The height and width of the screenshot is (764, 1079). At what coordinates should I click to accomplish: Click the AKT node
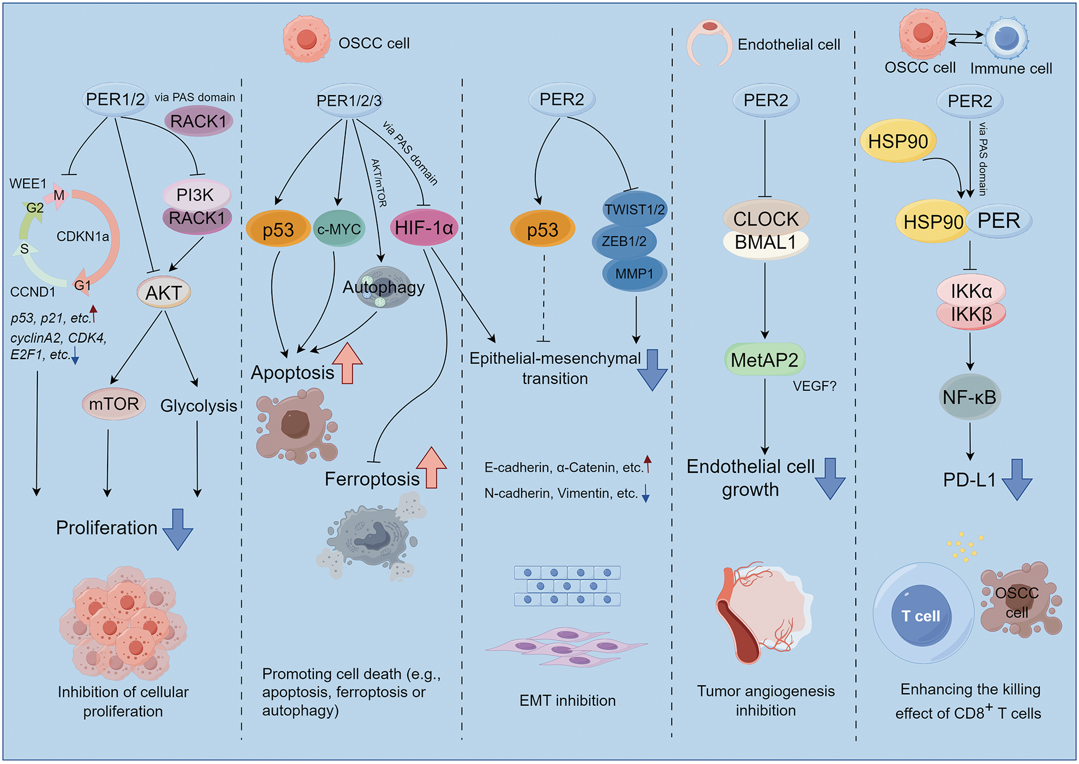click(x=164, y=292)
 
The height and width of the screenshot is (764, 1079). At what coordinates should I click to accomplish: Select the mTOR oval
click(x=114, y=404)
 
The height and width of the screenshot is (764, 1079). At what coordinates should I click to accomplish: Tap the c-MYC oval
click(x=339, y=229)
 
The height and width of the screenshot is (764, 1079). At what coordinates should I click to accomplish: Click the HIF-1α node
click(x=424, y=228)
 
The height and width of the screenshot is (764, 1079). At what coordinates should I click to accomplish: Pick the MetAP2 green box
click(x=765, y=360)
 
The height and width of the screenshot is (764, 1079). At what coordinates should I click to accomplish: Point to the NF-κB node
click(x=969, y=397)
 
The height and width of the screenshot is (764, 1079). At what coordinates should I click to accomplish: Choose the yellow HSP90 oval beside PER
click(x=932, y=221)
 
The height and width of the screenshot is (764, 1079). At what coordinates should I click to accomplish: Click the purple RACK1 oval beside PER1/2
click(x=198, y=121)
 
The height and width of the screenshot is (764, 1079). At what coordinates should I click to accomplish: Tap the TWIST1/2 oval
click(x=634, y=210)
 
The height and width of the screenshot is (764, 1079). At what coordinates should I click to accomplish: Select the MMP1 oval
click(x=634, y=274)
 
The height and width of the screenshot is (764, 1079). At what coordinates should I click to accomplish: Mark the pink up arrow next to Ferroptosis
click(x=432, y=467)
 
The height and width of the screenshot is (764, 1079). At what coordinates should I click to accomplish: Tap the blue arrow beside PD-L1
click(x=1017, y=479)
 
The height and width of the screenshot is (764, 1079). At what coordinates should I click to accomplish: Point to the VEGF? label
click(x=814, y=386)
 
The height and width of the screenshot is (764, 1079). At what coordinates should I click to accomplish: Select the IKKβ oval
click(x=971, y=314)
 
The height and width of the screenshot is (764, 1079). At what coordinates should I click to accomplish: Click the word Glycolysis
click(x=198, y=406)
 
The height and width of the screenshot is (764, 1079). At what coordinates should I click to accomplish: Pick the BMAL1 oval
click(x=765, y=242)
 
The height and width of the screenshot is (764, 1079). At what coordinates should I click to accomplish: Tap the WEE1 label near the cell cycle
click(x=28, y=183)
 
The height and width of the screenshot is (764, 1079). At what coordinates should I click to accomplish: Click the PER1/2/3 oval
click(x=349, y=101)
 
